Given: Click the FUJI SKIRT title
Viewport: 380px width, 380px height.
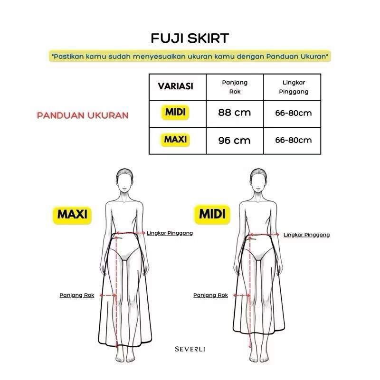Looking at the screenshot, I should pos(190,38).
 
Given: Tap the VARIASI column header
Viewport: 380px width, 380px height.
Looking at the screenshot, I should pos(175,86).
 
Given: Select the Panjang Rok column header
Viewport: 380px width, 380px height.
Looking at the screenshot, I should pos(235,86).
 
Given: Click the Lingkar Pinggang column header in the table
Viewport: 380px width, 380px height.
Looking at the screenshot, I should pos(293,86).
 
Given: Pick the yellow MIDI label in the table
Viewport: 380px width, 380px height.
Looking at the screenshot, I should pos(175,113).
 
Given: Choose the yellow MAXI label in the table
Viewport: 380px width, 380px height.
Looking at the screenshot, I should pos(175,140).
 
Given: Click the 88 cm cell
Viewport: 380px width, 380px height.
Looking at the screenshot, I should pos(234,113).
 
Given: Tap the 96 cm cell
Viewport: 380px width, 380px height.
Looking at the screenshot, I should pos(234,141).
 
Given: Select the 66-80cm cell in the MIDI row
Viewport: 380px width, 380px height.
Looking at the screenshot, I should pos(293,113).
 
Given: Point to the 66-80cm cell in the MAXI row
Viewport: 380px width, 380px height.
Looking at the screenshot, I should pos(293,140).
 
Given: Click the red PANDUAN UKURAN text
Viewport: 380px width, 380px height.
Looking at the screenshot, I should pos(83,115).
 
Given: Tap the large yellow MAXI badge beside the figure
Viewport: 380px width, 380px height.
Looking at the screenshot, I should pos(72,214).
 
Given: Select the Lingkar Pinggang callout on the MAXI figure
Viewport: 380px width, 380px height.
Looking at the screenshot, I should pos(170,233).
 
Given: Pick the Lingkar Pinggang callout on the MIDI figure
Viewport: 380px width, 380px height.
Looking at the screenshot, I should pos(306,235).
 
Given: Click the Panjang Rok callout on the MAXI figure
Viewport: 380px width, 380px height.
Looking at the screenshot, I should pos(77,295).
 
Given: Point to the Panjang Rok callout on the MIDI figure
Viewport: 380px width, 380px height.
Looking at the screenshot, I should pos(210,295).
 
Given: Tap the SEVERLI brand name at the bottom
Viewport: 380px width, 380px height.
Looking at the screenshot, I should pos(190,349).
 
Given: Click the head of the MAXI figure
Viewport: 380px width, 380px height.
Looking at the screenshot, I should pos(124,180).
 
